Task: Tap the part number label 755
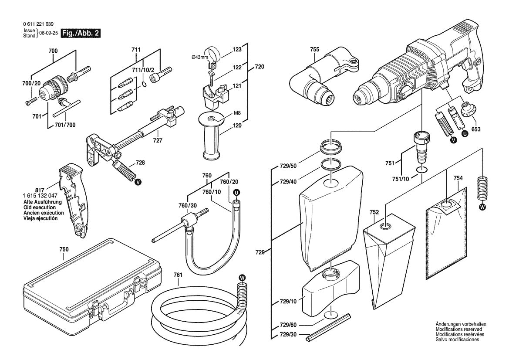click(315, 50)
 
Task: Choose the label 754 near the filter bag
click(458, 178)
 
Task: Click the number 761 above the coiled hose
click(178, 275)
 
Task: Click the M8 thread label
click(237, 113)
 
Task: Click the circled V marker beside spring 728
click(138, 181)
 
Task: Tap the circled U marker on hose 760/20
click(236, 192)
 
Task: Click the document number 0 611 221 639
click(39, 24)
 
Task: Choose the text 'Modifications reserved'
click(460, 329)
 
